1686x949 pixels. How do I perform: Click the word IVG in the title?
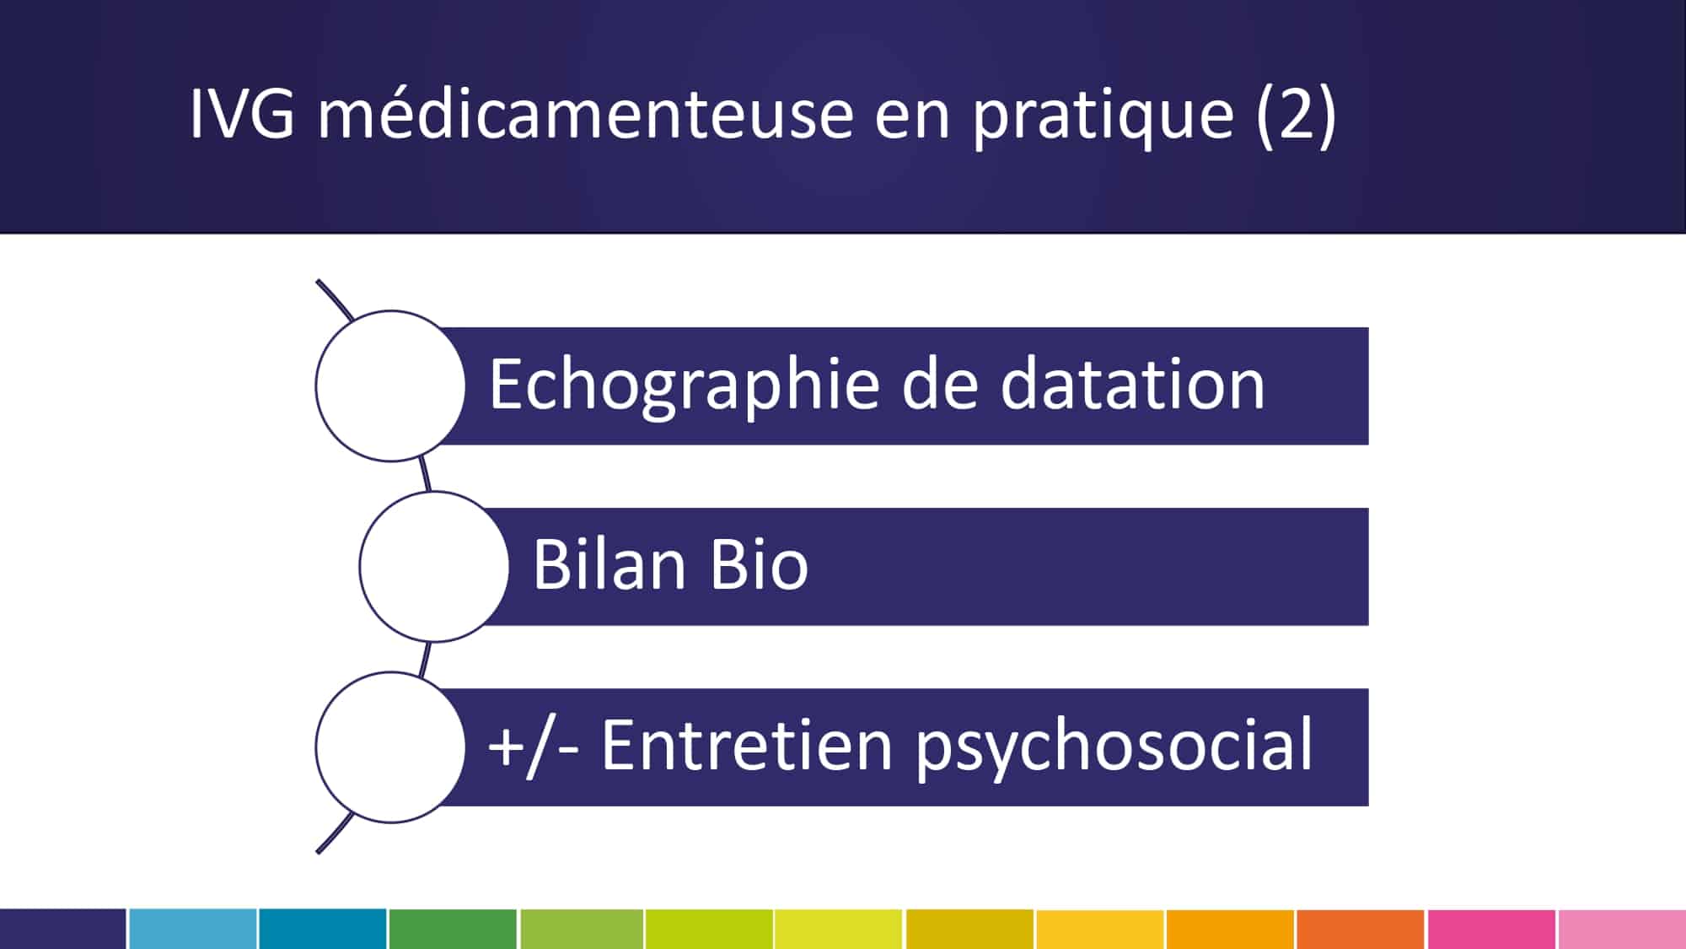[x=242, y=113]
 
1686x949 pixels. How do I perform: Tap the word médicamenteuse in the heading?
[x=586, y=112]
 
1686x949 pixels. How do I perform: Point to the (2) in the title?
[x=1296, y=115]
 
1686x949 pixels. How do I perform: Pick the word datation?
[x=1132, y=384]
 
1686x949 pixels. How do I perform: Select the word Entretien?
[x=747, y=745]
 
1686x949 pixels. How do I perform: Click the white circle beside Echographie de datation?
[x=390, y=386]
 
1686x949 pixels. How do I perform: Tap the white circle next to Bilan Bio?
[x=434, y=566]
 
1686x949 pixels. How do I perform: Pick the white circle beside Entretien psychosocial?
[x=390, y=747]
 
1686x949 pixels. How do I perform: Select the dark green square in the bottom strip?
[x=453, y=929]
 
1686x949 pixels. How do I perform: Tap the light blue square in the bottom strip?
[x=193, y=929]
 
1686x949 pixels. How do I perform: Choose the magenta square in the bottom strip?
[x=1491, y=929]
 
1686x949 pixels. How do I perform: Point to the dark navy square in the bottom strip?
[x=63, y=929]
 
